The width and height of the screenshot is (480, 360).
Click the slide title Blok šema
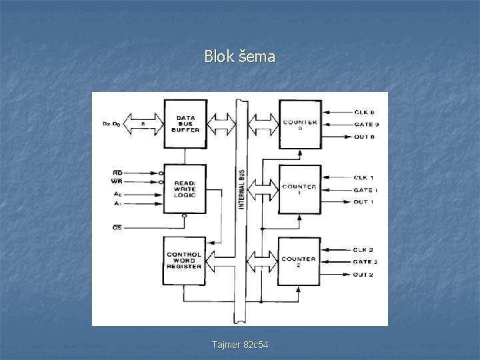[x=239, y=57]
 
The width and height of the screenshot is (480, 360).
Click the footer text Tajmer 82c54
[x=239, y=344]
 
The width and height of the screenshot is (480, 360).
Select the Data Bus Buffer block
[x=185, y=123]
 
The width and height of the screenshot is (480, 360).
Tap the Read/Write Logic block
[x=185, y=189]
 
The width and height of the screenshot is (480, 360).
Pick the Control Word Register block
[x=185, y=260]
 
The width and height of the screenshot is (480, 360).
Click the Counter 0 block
[x=299, y=124]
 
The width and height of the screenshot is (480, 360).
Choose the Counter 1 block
[x=299, y=189]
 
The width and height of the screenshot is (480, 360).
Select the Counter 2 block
[x=299, y=261]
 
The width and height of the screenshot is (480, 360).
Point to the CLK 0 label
[x=363, y=112]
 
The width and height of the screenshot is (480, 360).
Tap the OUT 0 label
[x=363, y=137]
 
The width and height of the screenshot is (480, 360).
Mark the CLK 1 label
[x=363, y=177]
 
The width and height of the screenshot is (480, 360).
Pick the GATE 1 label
[x=365, y=189]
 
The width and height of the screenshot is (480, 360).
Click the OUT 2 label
[x=363, y=275]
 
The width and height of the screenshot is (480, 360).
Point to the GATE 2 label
[x=365, y=262]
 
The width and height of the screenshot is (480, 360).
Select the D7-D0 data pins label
[x=111, y=123]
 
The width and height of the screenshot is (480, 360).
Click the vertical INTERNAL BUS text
[x=241, y=189]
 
